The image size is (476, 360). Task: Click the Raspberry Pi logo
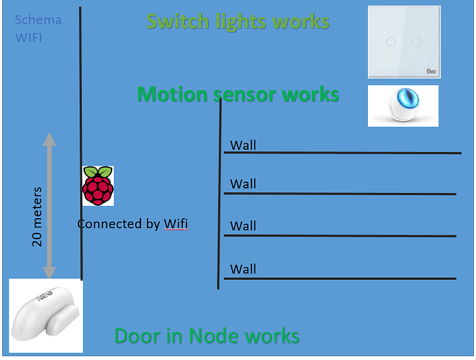pyautogui.click(x=97, y=185)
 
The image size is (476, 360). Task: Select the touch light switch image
pyautogui.click(x=403, y=42)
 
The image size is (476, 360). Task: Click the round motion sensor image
pyautogui.click(x=403, y=106)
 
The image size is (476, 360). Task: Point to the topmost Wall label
pyautogui.click(x=243, y=146)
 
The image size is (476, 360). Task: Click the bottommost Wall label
pyautogui.click(x=243, y=269)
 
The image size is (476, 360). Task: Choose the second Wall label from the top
pyautogui.click(x=243, y=184)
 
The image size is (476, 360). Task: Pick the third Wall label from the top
pyautogui.click(x=243, y=226)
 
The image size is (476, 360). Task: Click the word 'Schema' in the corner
pyautogui.click(x=38, y=20)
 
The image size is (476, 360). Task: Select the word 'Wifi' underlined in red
pyautogui.click(x=175, y=224)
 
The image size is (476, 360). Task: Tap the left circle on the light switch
pyautogui.click(x=390, y=42)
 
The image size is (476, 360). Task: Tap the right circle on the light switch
pyautogui.click(x=416, y=42)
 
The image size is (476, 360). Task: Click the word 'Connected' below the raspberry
pyautogui.click(x=109, y=224)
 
